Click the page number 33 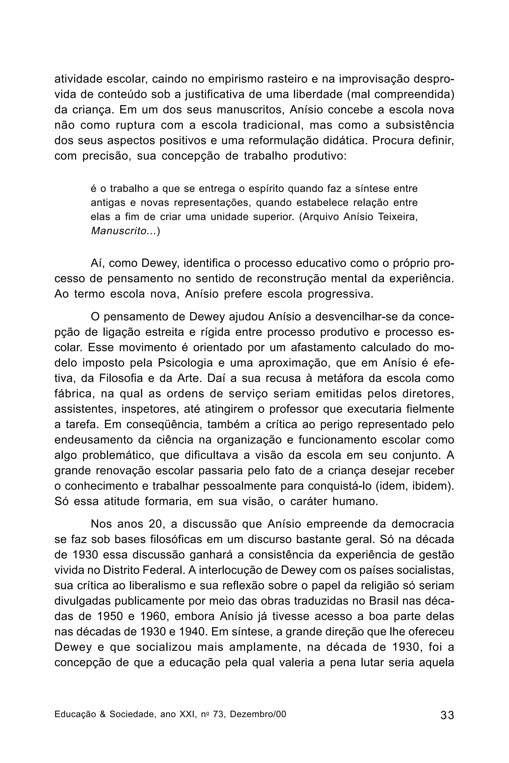(447, 715)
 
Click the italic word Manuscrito (119, 231)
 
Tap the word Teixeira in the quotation (398, 217)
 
